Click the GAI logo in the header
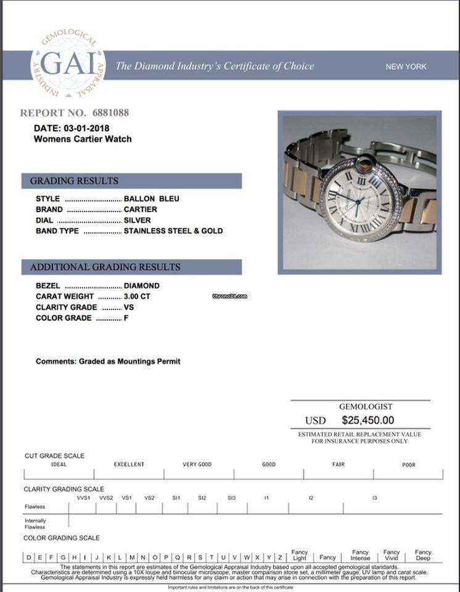pos(68,66)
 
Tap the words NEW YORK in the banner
pos(406,67)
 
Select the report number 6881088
pos(110,113)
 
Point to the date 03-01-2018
pos(86,128)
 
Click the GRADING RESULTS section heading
pos(74,181)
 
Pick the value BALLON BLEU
pos(152,199)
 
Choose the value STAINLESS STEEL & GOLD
pos(173,231)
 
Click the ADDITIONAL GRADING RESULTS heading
pos(105,267)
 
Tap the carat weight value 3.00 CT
pos(137,297)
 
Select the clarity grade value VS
pos(129,307)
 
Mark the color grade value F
pos(126,318)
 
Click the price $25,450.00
pos(368,421)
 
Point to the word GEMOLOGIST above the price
pos(366,407)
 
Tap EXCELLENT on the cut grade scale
pos(129,464)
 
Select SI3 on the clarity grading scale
pos(231,498)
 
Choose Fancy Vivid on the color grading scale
pos(392,555)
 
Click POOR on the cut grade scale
pos(409,464)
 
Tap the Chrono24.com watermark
pos(229,296)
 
